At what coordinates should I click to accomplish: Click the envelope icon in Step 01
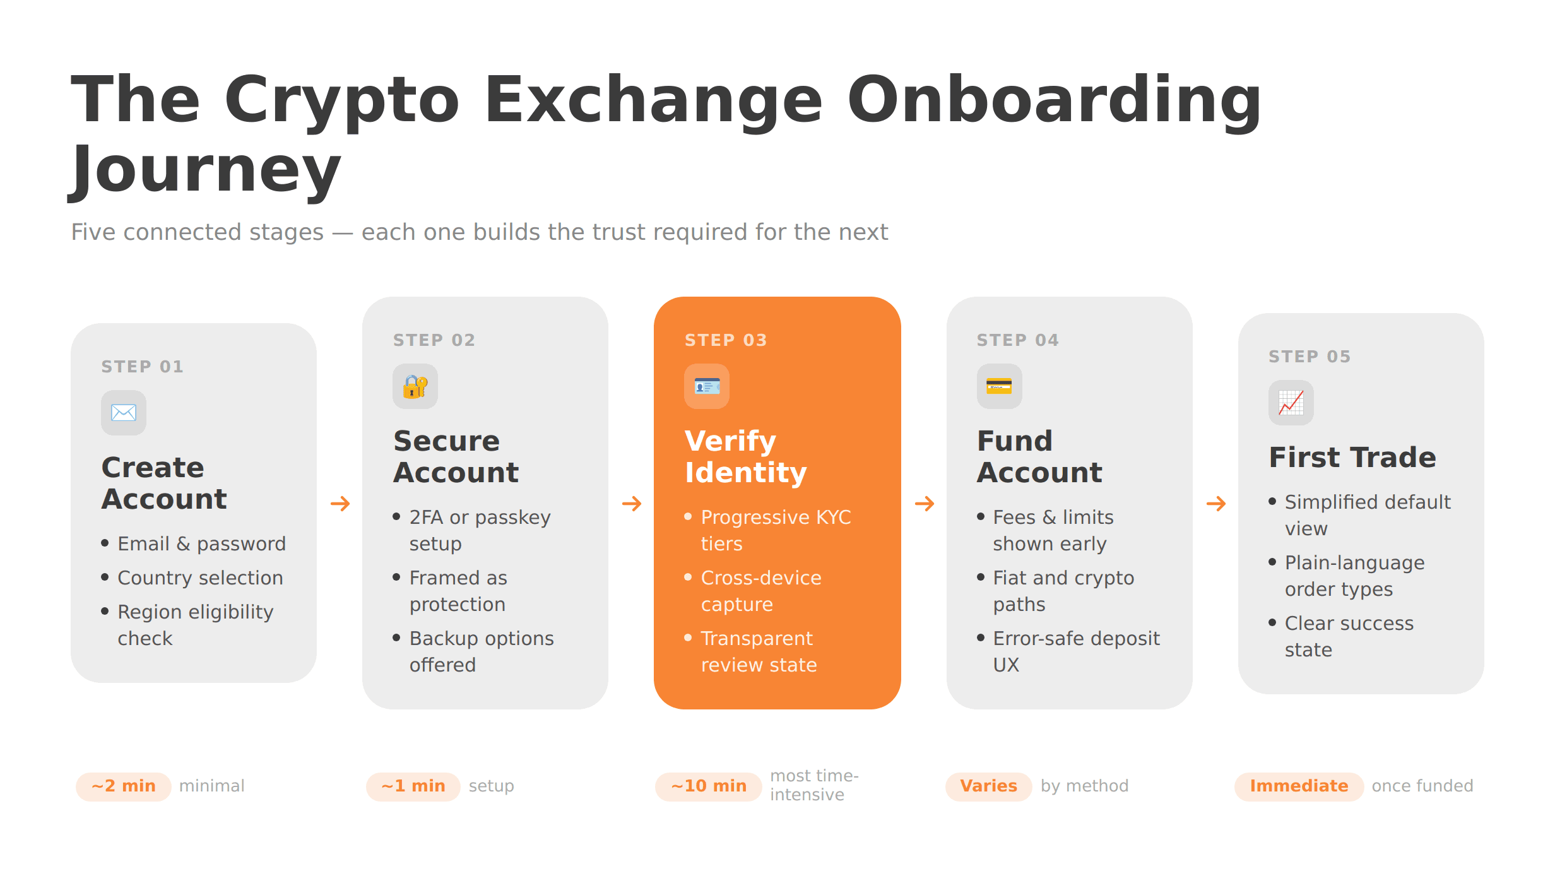pyautogui.click(x=124, y=413)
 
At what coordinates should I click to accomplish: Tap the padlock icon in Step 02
pyautogui.click(x=415, y=386)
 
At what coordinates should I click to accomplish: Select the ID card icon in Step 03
pyautogui.click(x=707, y=386)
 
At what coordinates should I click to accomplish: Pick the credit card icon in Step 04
pyautogui.click(x=999, y=386)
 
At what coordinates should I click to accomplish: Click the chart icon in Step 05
pyautogui.click(x=1291, y=403)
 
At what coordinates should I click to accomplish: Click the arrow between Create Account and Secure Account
pyautogui.click(x=340, y=504)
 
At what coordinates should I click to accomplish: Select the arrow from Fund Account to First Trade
pyautogui.click(x=1216, y=504)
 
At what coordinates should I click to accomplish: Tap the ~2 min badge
pyautogui.click(x=124, y=786)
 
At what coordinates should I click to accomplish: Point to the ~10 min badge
pyautogui.click(x=709, y=786)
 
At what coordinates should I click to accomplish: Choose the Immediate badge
pyautogui.click(x=1299, y=786)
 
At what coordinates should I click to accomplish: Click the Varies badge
pyautogui.click(x=988, y=786)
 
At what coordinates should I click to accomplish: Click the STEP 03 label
pyautogui.click(x=726, y=340)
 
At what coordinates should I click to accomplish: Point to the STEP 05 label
pyautogui.click(x=1310, y=357)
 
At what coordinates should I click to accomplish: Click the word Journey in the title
pyautogui.click(x=205, y=169)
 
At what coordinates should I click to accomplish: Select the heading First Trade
pyautogui.click(x=1352, y=458)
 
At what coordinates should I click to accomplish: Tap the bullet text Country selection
pyautogui.click(x=200, y=578)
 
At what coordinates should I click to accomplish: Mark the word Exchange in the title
pyautogui.click(x=653, y=100)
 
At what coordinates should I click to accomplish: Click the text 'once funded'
pyautogui.click(x=1422, y=786)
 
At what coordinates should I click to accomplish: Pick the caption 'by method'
pyautogui.click(x=1084, y=786)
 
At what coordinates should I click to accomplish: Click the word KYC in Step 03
pyautogui.click(x=833, y=518)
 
